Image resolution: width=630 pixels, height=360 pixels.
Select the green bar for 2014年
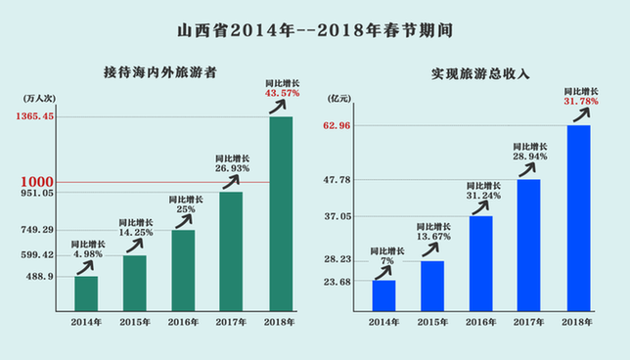click(86, 292)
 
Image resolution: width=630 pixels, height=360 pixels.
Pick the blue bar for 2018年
click(578, 216)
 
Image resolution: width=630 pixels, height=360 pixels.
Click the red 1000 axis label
click(39, 182)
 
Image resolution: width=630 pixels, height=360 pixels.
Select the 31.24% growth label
click(484, 194)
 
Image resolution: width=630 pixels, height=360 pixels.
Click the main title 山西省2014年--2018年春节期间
click(315, 29)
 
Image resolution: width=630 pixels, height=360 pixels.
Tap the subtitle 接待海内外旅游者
click(160, 71)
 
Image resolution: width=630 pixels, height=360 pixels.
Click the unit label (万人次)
click(36, 99)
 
